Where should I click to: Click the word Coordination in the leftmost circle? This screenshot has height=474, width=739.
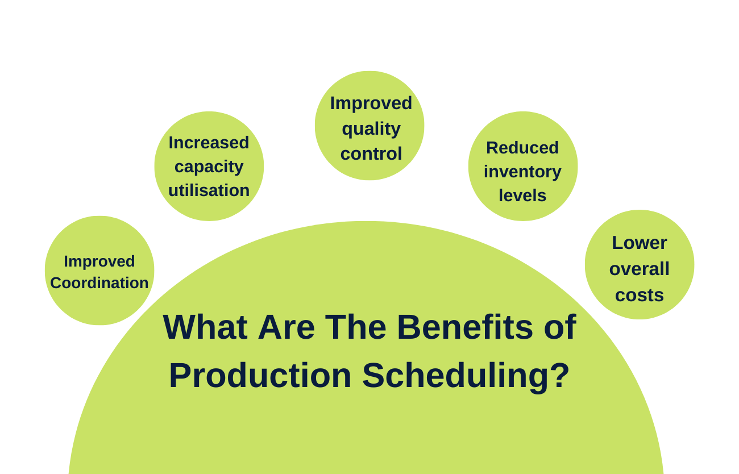tap(99, 282)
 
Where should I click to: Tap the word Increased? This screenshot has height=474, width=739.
tap(209, 143)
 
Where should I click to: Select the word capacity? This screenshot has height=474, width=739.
tap(209, 167)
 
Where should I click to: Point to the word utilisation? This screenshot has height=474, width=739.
tap(209, 190)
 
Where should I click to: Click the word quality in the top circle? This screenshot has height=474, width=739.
tap(371, 129)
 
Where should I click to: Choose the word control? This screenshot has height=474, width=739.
tap(371, 153)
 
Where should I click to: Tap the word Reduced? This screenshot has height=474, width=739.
tap(522, 148)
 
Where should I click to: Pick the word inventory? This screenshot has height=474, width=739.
tap(522, 172)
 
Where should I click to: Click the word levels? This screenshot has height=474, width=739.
tap(522, 196)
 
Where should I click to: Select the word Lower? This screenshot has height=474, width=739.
tap(639, 243)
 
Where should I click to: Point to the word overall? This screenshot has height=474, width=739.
tap(639, 269)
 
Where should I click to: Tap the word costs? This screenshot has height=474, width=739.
tap(639, 295)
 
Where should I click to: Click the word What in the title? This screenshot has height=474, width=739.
tap(205, 327)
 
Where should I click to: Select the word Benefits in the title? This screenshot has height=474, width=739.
tap(464, 327)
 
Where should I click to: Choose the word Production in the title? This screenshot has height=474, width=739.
tap(260, 376)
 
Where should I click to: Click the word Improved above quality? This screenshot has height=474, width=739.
tap(371, 103)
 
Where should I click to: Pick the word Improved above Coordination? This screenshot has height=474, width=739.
tap(99, 261)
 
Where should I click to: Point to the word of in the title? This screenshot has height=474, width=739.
tap(560, 327)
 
